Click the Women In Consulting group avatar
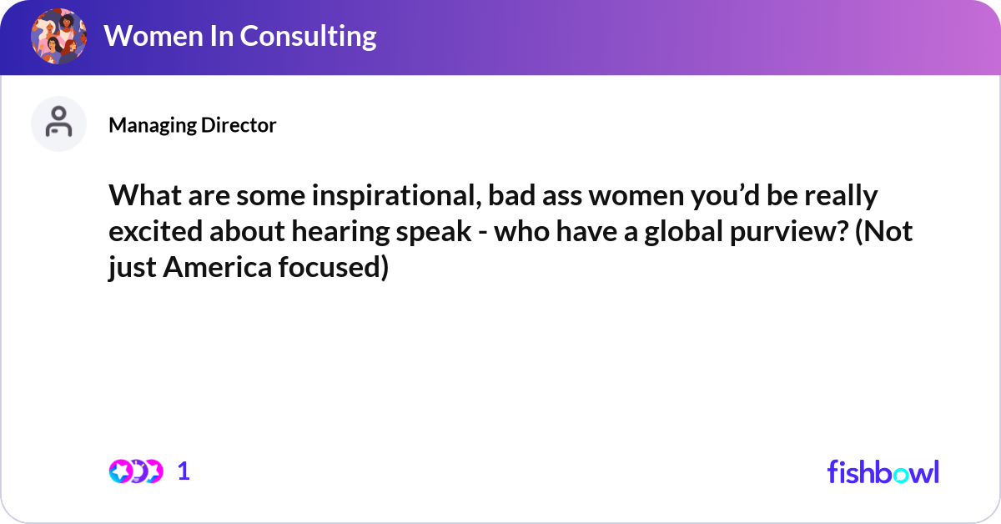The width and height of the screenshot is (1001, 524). pyautogui.click(x=58, y=36)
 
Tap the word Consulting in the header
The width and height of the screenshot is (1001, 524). pyautogui.click(x=309, y=37)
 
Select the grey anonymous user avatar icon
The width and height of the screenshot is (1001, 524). pyautogui.click(x=58, y=123)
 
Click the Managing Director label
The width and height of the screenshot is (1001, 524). pyautogui.click(x=193, y=125)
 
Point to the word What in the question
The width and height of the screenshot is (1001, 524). pyautogui.click(x=145, y=195)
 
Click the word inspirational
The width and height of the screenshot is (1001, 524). pyautogui.click(x=397, y=196)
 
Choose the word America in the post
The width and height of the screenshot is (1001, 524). pyautogui.click(x=217, y=267)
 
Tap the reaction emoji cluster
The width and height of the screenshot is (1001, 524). pyautogui.click(x=136, y=471)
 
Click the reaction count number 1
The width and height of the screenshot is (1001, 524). pyautogui.click(x=184, y=471)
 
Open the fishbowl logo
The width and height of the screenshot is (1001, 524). pyautogui.click(x=883, y=471)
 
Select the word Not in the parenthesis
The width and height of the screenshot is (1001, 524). pyautogui.click(x=884, y=231)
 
